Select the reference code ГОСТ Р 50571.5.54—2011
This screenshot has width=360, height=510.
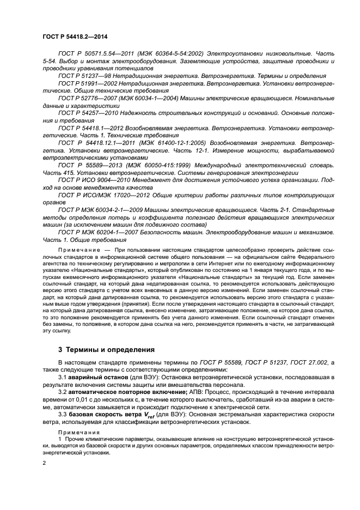point(95,54)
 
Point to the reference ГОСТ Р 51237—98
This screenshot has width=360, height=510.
point(83,76)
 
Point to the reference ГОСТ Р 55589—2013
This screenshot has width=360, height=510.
point(90,164)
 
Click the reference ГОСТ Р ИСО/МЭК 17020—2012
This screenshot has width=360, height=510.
point(104,193)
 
